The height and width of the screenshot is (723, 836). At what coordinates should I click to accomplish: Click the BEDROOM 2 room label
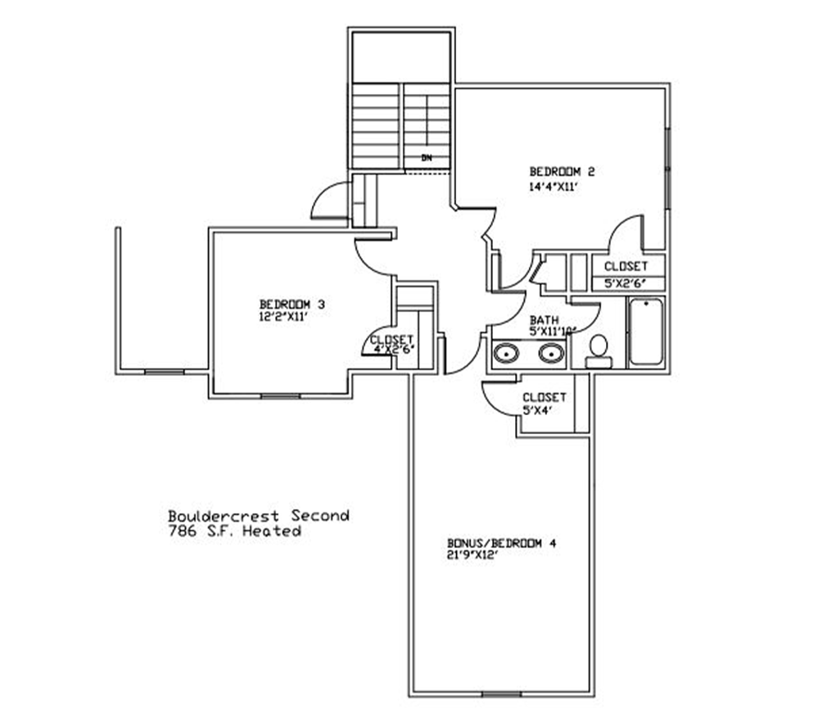[562, 172]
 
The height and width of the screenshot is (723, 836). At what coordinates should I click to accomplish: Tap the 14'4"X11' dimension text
[554, 188]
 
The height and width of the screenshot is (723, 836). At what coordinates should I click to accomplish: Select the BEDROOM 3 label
[291, 305]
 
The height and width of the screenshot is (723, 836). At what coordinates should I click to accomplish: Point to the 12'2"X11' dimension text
[284, 316]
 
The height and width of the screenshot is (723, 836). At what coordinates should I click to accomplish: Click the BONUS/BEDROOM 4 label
[502, 544]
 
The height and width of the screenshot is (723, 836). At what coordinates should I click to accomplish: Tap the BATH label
[544, 320]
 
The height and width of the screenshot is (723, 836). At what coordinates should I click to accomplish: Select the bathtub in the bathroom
[646, 332]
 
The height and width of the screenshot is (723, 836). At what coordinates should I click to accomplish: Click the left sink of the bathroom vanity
[505, 353]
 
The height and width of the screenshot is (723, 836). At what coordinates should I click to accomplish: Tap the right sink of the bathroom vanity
[551, 353]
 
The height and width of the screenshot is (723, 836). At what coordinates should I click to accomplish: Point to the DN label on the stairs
[427, 158]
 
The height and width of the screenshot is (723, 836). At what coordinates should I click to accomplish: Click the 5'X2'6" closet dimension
[626, 283]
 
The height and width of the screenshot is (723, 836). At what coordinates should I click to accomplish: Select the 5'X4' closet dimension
[537, 410]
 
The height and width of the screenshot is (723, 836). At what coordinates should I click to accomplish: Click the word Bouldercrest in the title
[224, 516]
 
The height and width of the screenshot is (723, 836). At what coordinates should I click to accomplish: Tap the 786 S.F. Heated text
[235, 531]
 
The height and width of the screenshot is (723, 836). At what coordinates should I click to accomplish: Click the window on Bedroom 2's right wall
[668, 168]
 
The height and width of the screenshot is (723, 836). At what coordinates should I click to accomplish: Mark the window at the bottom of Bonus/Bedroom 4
[501, 694]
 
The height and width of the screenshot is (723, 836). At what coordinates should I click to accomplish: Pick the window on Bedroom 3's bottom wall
[281, 396]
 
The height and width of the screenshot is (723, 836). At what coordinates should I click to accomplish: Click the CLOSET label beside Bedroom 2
[626, 266]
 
